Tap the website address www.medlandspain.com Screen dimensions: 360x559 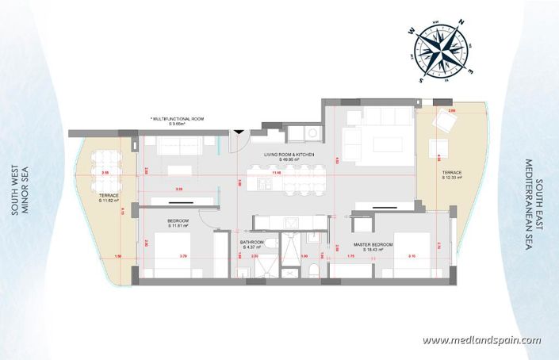point(481,341)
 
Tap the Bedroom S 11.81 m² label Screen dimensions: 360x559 point(181,223)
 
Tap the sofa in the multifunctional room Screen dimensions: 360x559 point(178,145)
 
